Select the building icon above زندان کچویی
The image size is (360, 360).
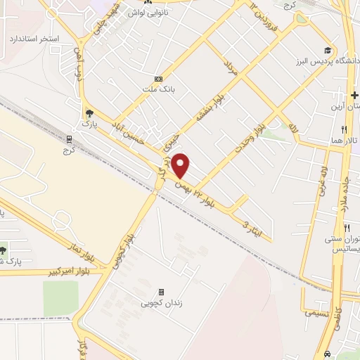pos(161,292)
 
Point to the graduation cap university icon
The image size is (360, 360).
pos(328,50)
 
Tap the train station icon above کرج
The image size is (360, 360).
pos(69,139)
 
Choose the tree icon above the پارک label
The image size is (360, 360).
pos(88,112)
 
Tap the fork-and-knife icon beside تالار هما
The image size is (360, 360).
pos(344,129)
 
